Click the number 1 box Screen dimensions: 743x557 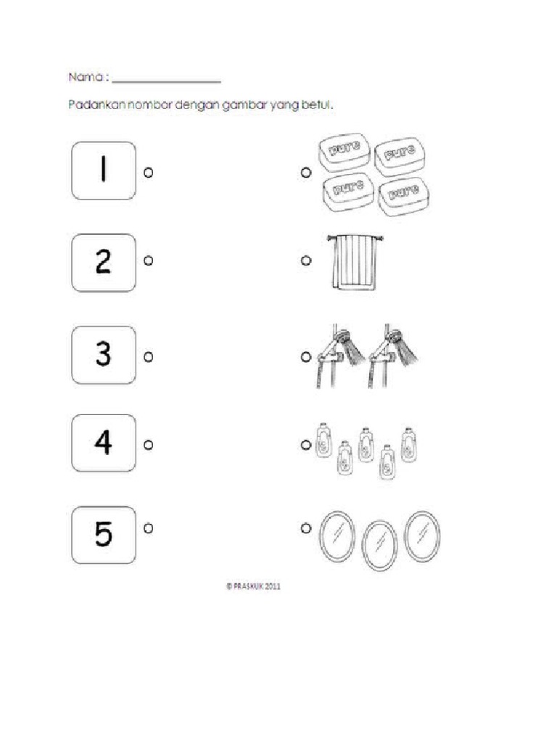click(x=104, y=171)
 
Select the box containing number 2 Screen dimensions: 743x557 click(x=104, y=262)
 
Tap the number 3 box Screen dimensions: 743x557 click(x=104, y=355)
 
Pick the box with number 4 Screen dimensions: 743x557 click(x=104, y=443)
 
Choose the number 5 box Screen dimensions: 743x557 click(x=104, y=535)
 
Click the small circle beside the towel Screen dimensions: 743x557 click(x=305, y=260)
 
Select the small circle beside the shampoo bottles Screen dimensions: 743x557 click(x=305, y=443)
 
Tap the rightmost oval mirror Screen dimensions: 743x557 click(x=422, y=536)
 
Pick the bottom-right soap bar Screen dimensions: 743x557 click(x=399, y=194)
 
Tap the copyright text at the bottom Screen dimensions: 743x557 click(x=253, y=587)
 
